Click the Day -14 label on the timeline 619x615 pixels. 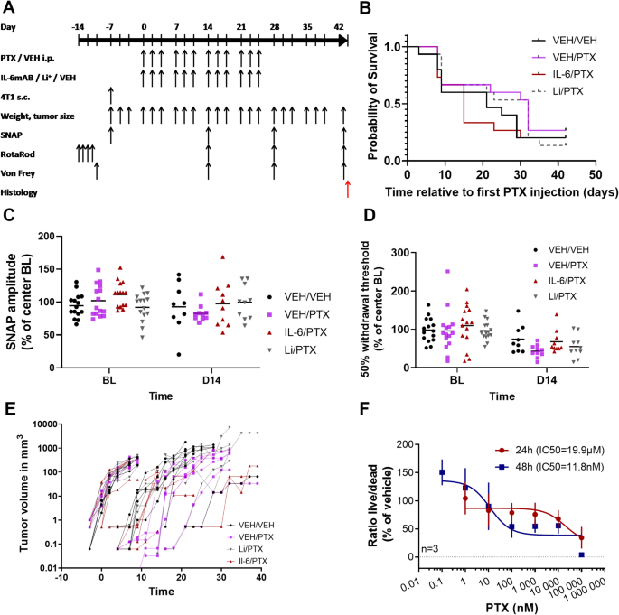point(80,28)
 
